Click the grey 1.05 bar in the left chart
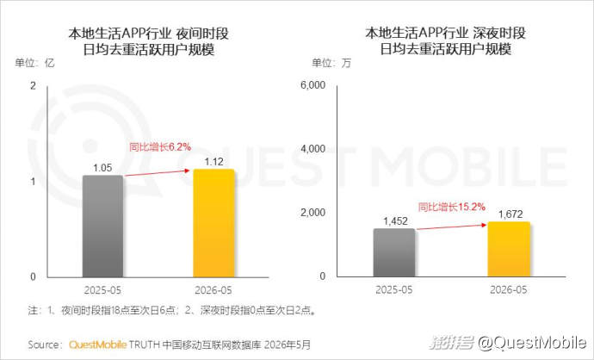(x=102, y=227)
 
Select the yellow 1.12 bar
(x=213, y=223)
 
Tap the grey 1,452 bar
(x=394, y=252)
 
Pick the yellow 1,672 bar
(x=509, y=250)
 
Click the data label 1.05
(x=102, y=168)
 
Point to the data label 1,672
(x=510, y=214)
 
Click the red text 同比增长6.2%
(x=160, y=146)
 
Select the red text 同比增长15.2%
(x=452, y=207)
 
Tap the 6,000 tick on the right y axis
(x=312, y=85)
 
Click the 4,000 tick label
(x=312, y=149)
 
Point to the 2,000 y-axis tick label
(x=312, y=213)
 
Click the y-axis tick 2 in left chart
(x=34, y=86)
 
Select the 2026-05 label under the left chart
(x=213, y=290)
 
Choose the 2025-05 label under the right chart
(x=394, y=290)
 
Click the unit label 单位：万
(x=331, y=63)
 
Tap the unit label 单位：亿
(x=34, y=63)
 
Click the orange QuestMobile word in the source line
(x=98, y=344)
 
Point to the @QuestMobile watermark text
(x=532, y=343)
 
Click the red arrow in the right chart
(x=452, y=227)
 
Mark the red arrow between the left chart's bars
(x=158, y=173)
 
